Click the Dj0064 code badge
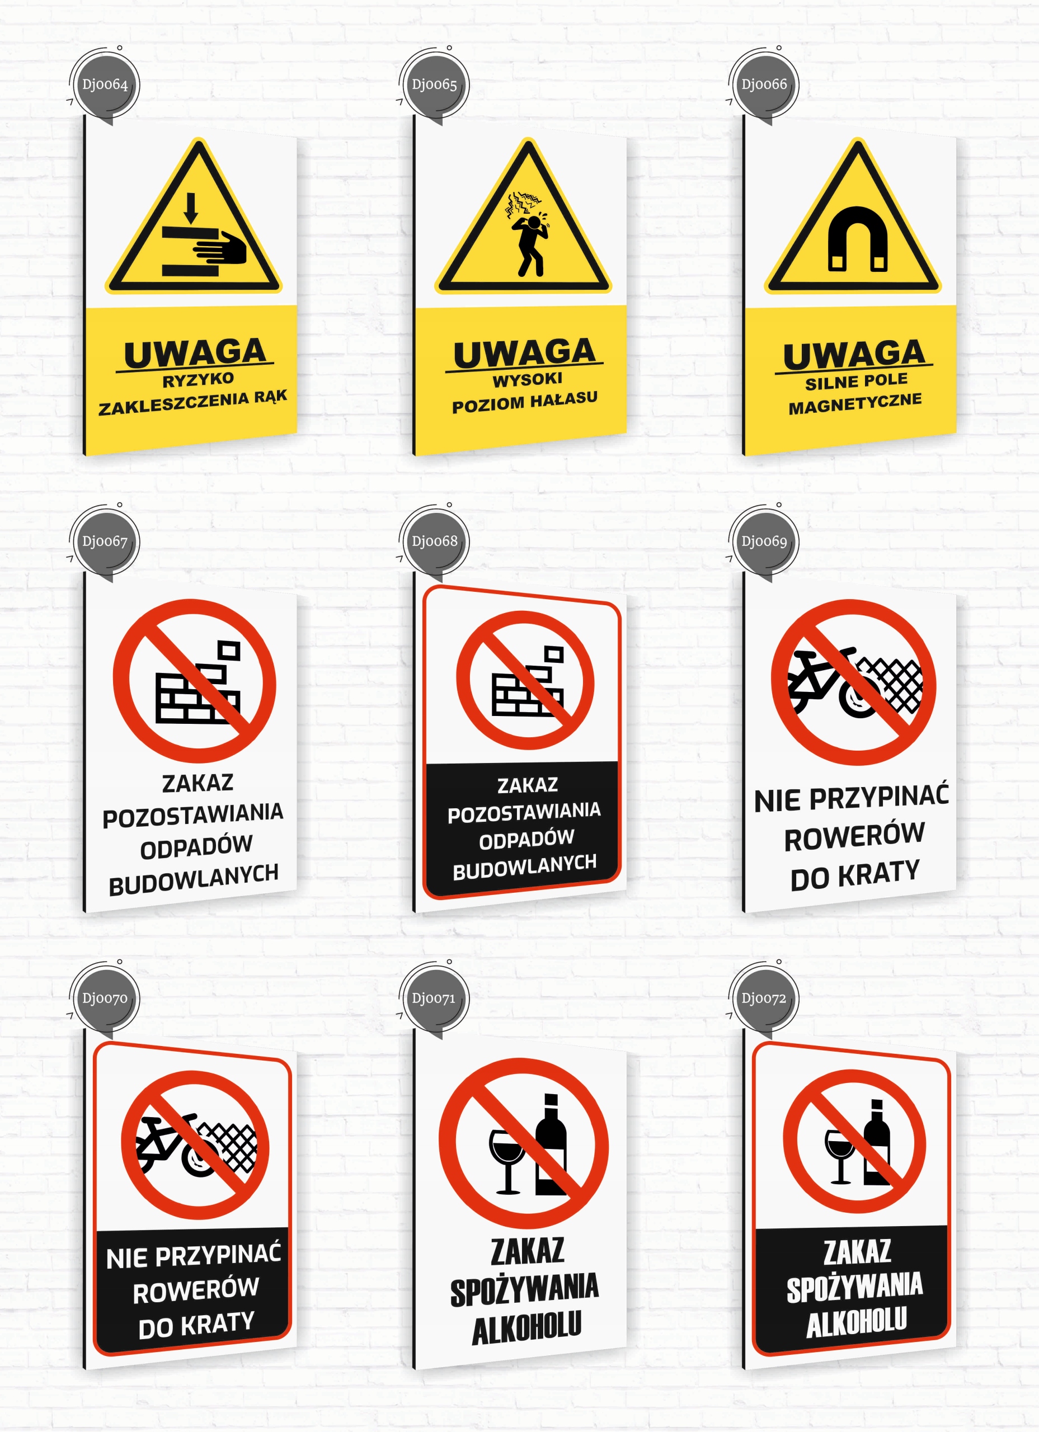pyautogui.click(x=104, y=84)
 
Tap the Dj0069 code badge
pyautogui.click(x=764, y=541)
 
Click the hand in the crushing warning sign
pyautogui.click(x=221, y=247)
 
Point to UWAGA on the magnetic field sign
pyautogui.click(x=854, y=355)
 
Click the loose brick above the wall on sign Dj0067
pyautogui.click(x=229, y=651)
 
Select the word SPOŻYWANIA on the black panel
pyautogui.click(x=854, y=1288)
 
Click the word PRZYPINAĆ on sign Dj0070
pyautogui.click(x=218, y=1255)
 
